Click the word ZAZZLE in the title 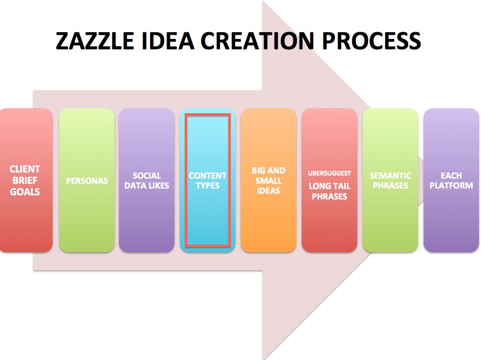click(x=95, y=41)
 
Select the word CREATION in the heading click(x=258, y=41)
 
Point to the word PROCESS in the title click(x=371, y=41)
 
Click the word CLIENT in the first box click(x=25, y=169)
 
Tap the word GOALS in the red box click(x=25, y=192)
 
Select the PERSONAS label click(x=87, y=181)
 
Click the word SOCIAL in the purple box click(x=147, y=176)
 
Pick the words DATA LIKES click(x=147, y=185)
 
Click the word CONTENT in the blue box click(x=207, y=176)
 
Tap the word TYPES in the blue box click(x=207, y=185)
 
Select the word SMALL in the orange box click(x=268, y=181)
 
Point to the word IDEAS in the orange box click(x=268, y=191)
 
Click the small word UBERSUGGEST click(x=330, y=174)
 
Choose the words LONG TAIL click(x=330, y=186)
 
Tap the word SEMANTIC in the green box click(x=390, y=176)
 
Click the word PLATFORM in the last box click(x=451, y=185)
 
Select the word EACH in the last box click(x=451, y=176)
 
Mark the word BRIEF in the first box click(x=25, y=180)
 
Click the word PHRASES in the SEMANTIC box click(x=390, y=185)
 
